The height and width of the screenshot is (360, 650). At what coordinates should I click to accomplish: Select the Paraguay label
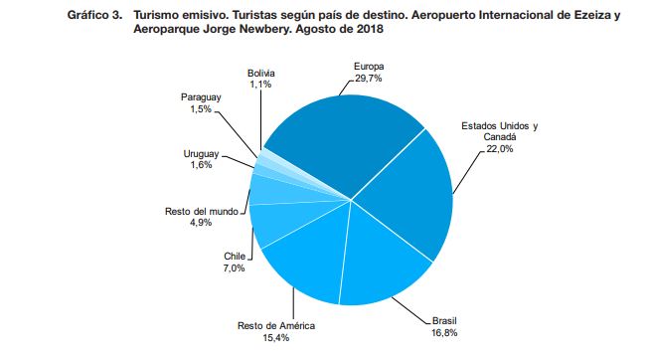tap(201, 97)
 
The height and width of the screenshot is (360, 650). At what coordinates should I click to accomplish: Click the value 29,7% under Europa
tap(369, 78)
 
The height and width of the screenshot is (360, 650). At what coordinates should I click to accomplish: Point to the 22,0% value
tap(500, 148)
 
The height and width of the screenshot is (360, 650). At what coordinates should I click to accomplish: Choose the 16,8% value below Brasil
tap(444, 332)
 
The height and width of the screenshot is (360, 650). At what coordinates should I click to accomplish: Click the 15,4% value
tap(276, 338)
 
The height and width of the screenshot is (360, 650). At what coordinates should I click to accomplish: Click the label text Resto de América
tap(276, 326)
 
